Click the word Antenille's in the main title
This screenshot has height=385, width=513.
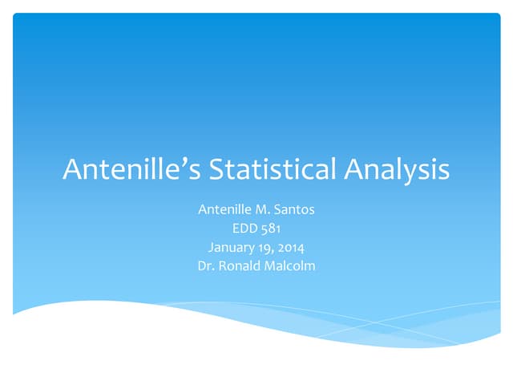click(x=132, y=169)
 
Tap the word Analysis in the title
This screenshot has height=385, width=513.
click(x=398, y=169)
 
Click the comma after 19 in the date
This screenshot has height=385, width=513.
click(x=273, y=250)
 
